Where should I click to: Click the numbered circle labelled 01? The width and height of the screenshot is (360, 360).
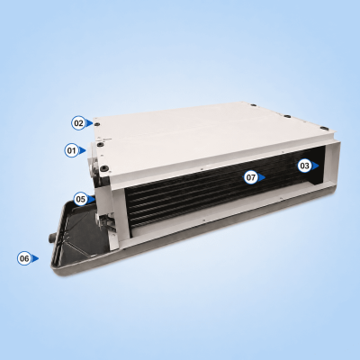pyautogui.click(x=71, y=150)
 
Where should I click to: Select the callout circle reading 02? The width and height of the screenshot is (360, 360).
pyautogui.click(x=78, y=123)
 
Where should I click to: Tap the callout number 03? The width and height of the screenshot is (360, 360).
pyautogui.click(x=304, y=166)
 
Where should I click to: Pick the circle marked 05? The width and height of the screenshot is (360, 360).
pyautogui.click(x=81, y=199)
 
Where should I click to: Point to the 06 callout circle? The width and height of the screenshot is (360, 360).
pyautogui.click(x=24, y=258)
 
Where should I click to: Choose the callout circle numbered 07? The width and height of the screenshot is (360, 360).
pyautogui.click(x=251, y=177)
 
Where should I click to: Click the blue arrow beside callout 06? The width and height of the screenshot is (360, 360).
pyautogui.click(x=35, y=258)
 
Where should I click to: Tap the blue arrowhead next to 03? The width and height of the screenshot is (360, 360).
pyautogui.click(x=315, y=166)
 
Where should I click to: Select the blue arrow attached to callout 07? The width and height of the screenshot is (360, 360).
pyautogui.click(x=262, y=177)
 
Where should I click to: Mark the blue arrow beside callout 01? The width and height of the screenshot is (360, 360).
pyautogui.click(x=83, y=150)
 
